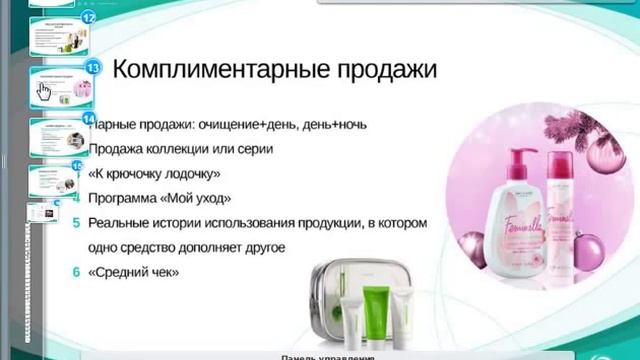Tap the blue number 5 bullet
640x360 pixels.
pyautogui.click(x=76, y=222)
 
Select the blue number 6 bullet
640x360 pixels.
pyautogui.click(x=76, y=271)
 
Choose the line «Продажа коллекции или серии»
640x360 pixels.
pyautogui.click(x=180, y=149)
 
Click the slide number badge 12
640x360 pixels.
pyautogui.click(x=89, y=18)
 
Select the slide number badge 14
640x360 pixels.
pyautogui.click(x=89, y=119)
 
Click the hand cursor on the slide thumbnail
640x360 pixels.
pyautogui.click(x=44, y=92)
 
